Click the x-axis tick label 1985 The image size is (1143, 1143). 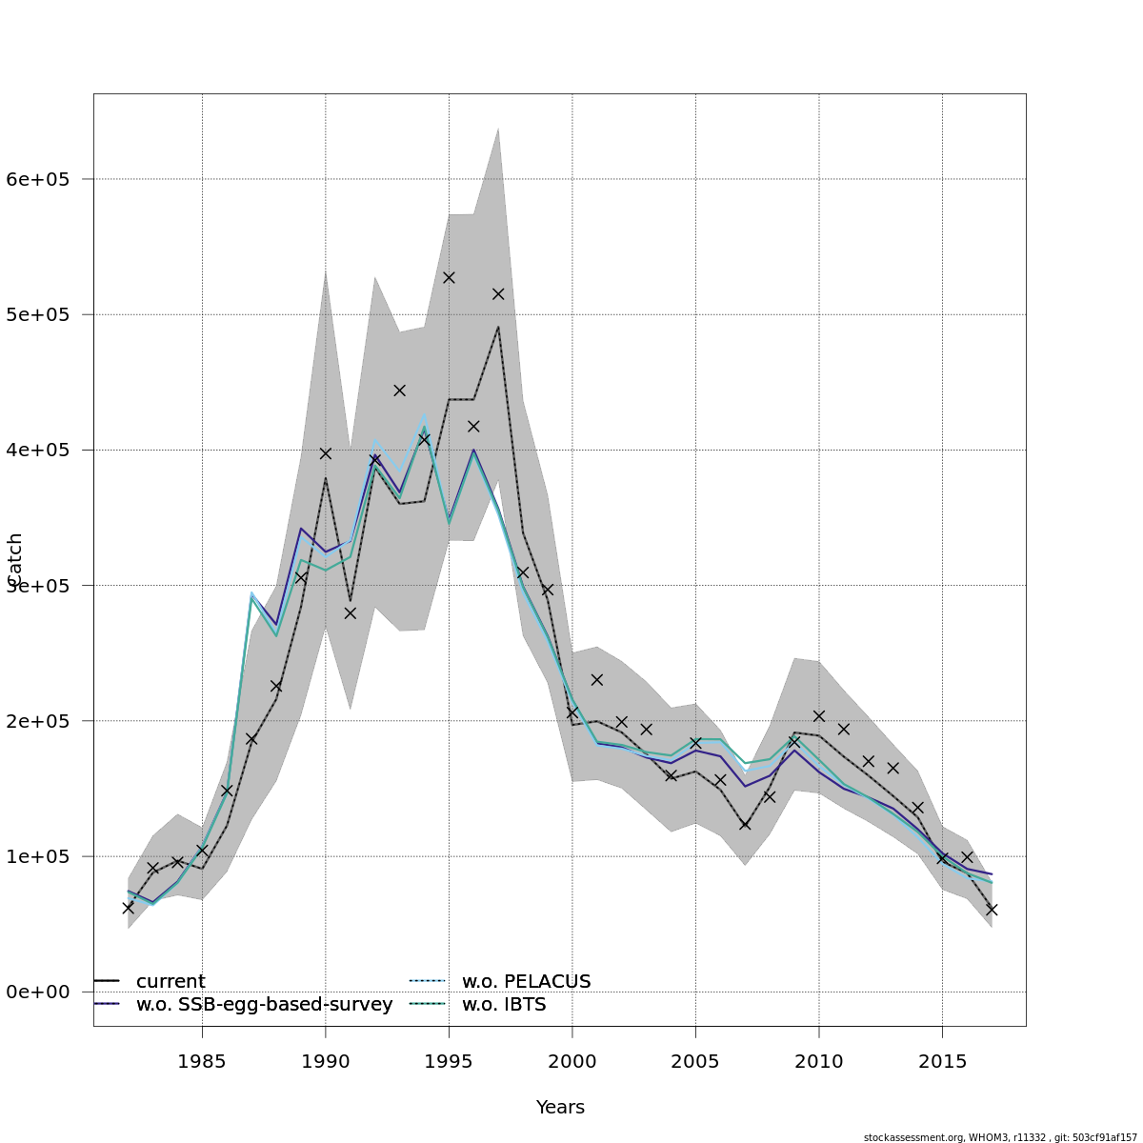(202, 1061)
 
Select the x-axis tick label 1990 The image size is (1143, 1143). (325, 1061)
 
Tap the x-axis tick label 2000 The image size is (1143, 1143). (572, 1061)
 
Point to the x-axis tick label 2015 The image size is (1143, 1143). (942, 1061)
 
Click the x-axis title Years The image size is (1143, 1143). (560, 1107)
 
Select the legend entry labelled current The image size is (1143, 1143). (170, 981)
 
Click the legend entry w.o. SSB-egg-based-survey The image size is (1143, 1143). (264, 1005)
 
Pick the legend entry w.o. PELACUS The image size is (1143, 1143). (526, 981)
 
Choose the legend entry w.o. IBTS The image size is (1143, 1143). (504, 1005)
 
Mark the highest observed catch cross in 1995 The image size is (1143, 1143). (449, 277)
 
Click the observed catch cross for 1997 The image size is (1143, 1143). (498, 294)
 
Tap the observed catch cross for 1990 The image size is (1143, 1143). (325, 453)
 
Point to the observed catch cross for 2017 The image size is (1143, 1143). (992, 910)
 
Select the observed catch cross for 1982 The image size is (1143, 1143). (128, 908)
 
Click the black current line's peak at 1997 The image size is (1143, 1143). (498, 327)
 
